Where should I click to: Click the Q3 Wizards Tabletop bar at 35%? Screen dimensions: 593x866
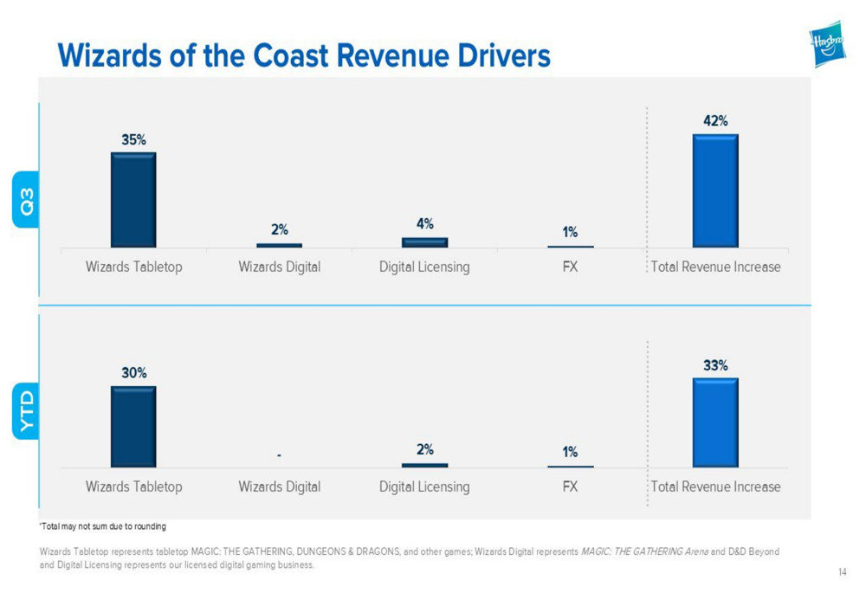(133, 200)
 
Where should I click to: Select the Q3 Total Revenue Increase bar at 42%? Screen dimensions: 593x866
(715, 190)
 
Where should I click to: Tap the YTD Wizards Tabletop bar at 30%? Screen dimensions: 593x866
(133, 427)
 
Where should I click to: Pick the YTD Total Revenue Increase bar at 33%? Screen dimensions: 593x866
(715, 422)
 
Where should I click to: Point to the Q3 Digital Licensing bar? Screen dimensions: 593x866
(424, 242)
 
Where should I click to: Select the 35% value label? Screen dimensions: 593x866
(133, 139)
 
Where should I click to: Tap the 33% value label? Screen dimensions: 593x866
(715, 365)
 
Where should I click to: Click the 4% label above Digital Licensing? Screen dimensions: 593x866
(425, 223)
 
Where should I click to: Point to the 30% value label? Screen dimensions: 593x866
(133, 373)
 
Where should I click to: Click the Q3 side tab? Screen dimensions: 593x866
(27, 202)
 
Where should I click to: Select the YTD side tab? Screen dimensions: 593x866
(27, 411)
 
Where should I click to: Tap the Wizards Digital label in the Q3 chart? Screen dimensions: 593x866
(279, 267)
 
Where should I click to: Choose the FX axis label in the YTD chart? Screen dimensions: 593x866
(570, 487)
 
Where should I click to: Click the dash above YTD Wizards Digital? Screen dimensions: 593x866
(280, 454)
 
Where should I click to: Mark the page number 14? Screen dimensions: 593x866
(842, 571)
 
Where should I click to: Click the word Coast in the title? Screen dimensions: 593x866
(294, 55)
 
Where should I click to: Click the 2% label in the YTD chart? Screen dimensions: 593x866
(425, 450)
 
